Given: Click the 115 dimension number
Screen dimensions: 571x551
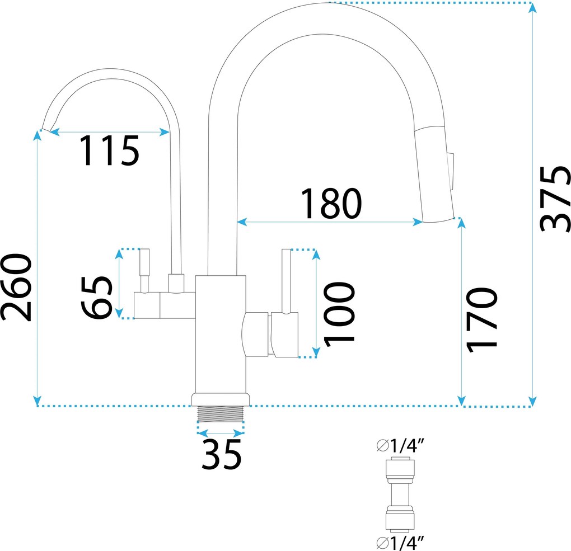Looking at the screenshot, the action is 109,150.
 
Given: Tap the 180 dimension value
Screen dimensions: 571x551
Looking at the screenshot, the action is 331,204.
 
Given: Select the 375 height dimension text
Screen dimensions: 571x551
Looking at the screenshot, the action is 554,199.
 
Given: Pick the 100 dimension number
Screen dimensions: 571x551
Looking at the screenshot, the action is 339,314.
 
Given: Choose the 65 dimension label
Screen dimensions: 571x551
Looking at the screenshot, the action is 96,298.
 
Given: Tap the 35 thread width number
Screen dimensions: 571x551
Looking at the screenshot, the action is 222,454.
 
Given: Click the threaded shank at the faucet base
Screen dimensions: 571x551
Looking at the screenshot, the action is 221,414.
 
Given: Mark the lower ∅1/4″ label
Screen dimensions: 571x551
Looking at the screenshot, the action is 400,543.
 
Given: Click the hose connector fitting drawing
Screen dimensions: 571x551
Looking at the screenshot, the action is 400,495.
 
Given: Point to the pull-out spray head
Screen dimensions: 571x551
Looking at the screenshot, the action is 434,174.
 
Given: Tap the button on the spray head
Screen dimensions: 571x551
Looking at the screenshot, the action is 451,171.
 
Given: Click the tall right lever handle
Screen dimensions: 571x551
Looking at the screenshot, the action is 287,281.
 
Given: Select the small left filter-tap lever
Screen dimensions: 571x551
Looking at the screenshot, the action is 144,270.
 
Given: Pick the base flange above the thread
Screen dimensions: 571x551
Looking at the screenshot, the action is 221,399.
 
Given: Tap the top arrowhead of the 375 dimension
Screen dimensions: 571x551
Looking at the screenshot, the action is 532,8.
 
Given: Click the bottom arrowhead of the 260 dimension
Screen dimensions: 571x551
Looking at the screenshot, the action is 37,401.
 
